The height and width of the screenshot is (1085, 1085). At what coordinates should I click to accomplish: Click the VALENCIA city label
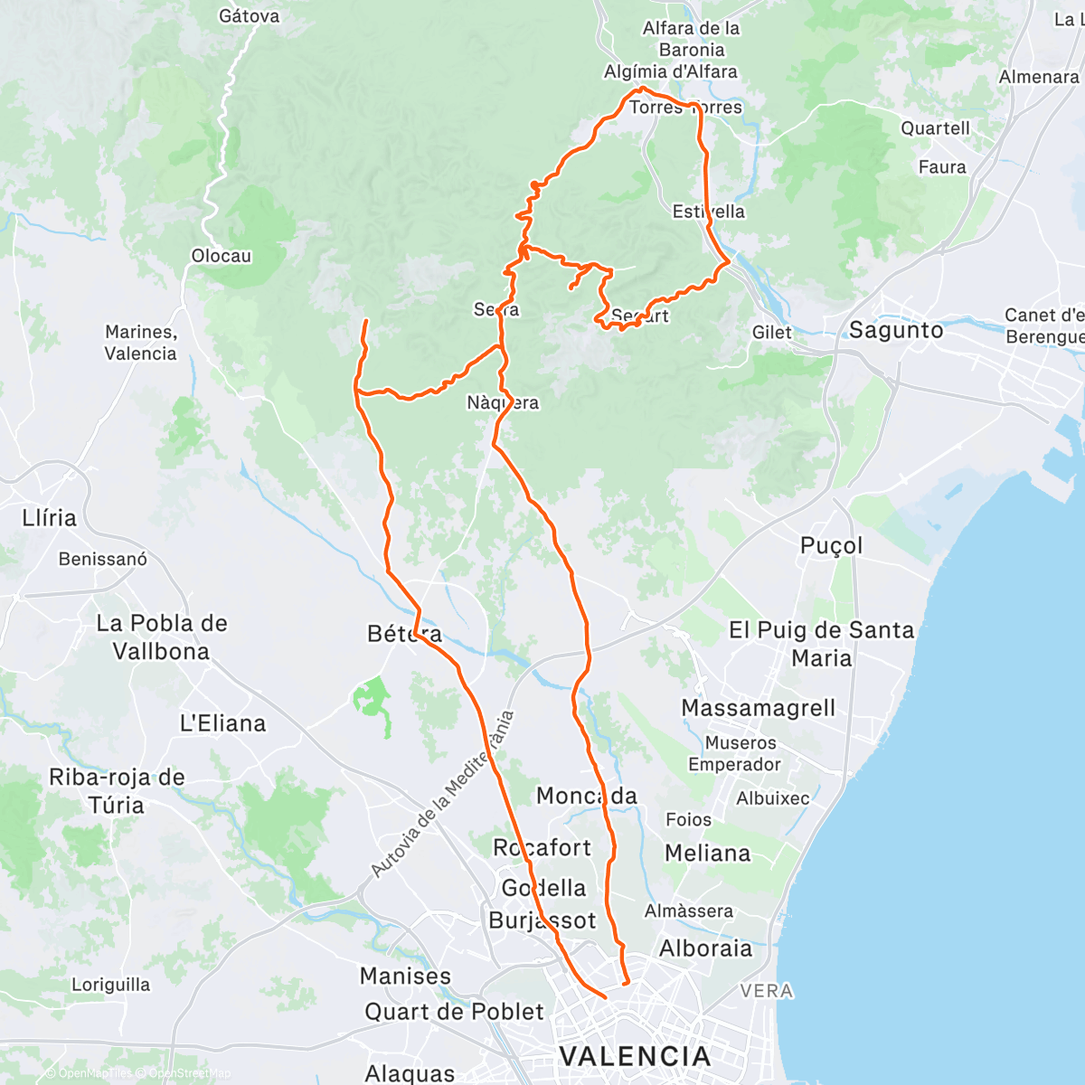click(x=635, y=1056)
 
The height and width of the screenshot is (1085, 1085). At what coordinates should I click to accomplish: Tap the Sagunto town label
click(x=895, y=331)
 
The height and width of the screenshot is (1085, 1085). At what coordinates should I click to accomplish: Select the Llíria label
click(x=50, y=518)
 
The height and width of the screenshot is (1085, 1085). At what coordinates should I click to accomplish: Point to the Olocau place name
click(x=222, y=256)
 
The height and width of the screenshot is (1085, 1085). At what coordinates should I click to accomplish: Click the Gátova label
click(x=250, y=16)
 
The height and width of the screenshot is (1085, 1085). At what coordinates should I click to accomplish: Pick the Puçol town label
click(x=832, y=546)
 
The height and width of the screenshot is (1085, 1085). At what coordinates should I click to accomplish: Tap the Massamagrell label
click(x=759, y=708)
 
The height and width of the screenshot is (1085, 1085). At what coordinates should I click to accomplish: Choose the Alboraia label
click(x=705, y=948)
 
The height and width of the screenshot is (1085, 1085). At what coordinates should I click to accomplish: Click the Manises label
click(x=405, y=976)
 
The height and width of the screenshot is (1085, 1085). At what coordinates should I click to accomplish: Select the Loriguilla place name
click(x=111, y=985)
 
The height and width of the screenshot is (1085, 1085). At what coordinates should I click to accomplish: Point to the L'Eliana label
click(x=222, y=723)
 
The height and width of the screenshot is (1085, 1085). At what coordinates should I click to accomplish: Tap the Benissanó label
click(x=103, y=560)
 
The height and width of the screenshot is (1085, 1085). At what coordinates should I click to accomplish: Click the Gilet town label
click(x=772, y=333)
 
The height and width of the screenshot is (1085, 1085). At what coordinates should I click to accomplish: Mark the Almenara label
click(x=1039, y=78)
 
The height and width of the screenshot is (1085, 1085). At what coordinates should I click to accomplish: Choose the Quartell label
click(x=935, y=128)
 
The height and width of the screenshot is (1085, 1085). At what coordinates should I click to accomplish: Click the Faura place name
click(x=942, y=167)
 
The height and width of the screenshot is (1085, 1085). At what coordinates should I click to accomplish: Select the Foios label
click(x=688, y=820)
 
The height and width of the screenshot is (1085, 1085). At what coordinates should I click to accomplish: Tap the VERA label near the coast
click(x=767, y=992)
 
